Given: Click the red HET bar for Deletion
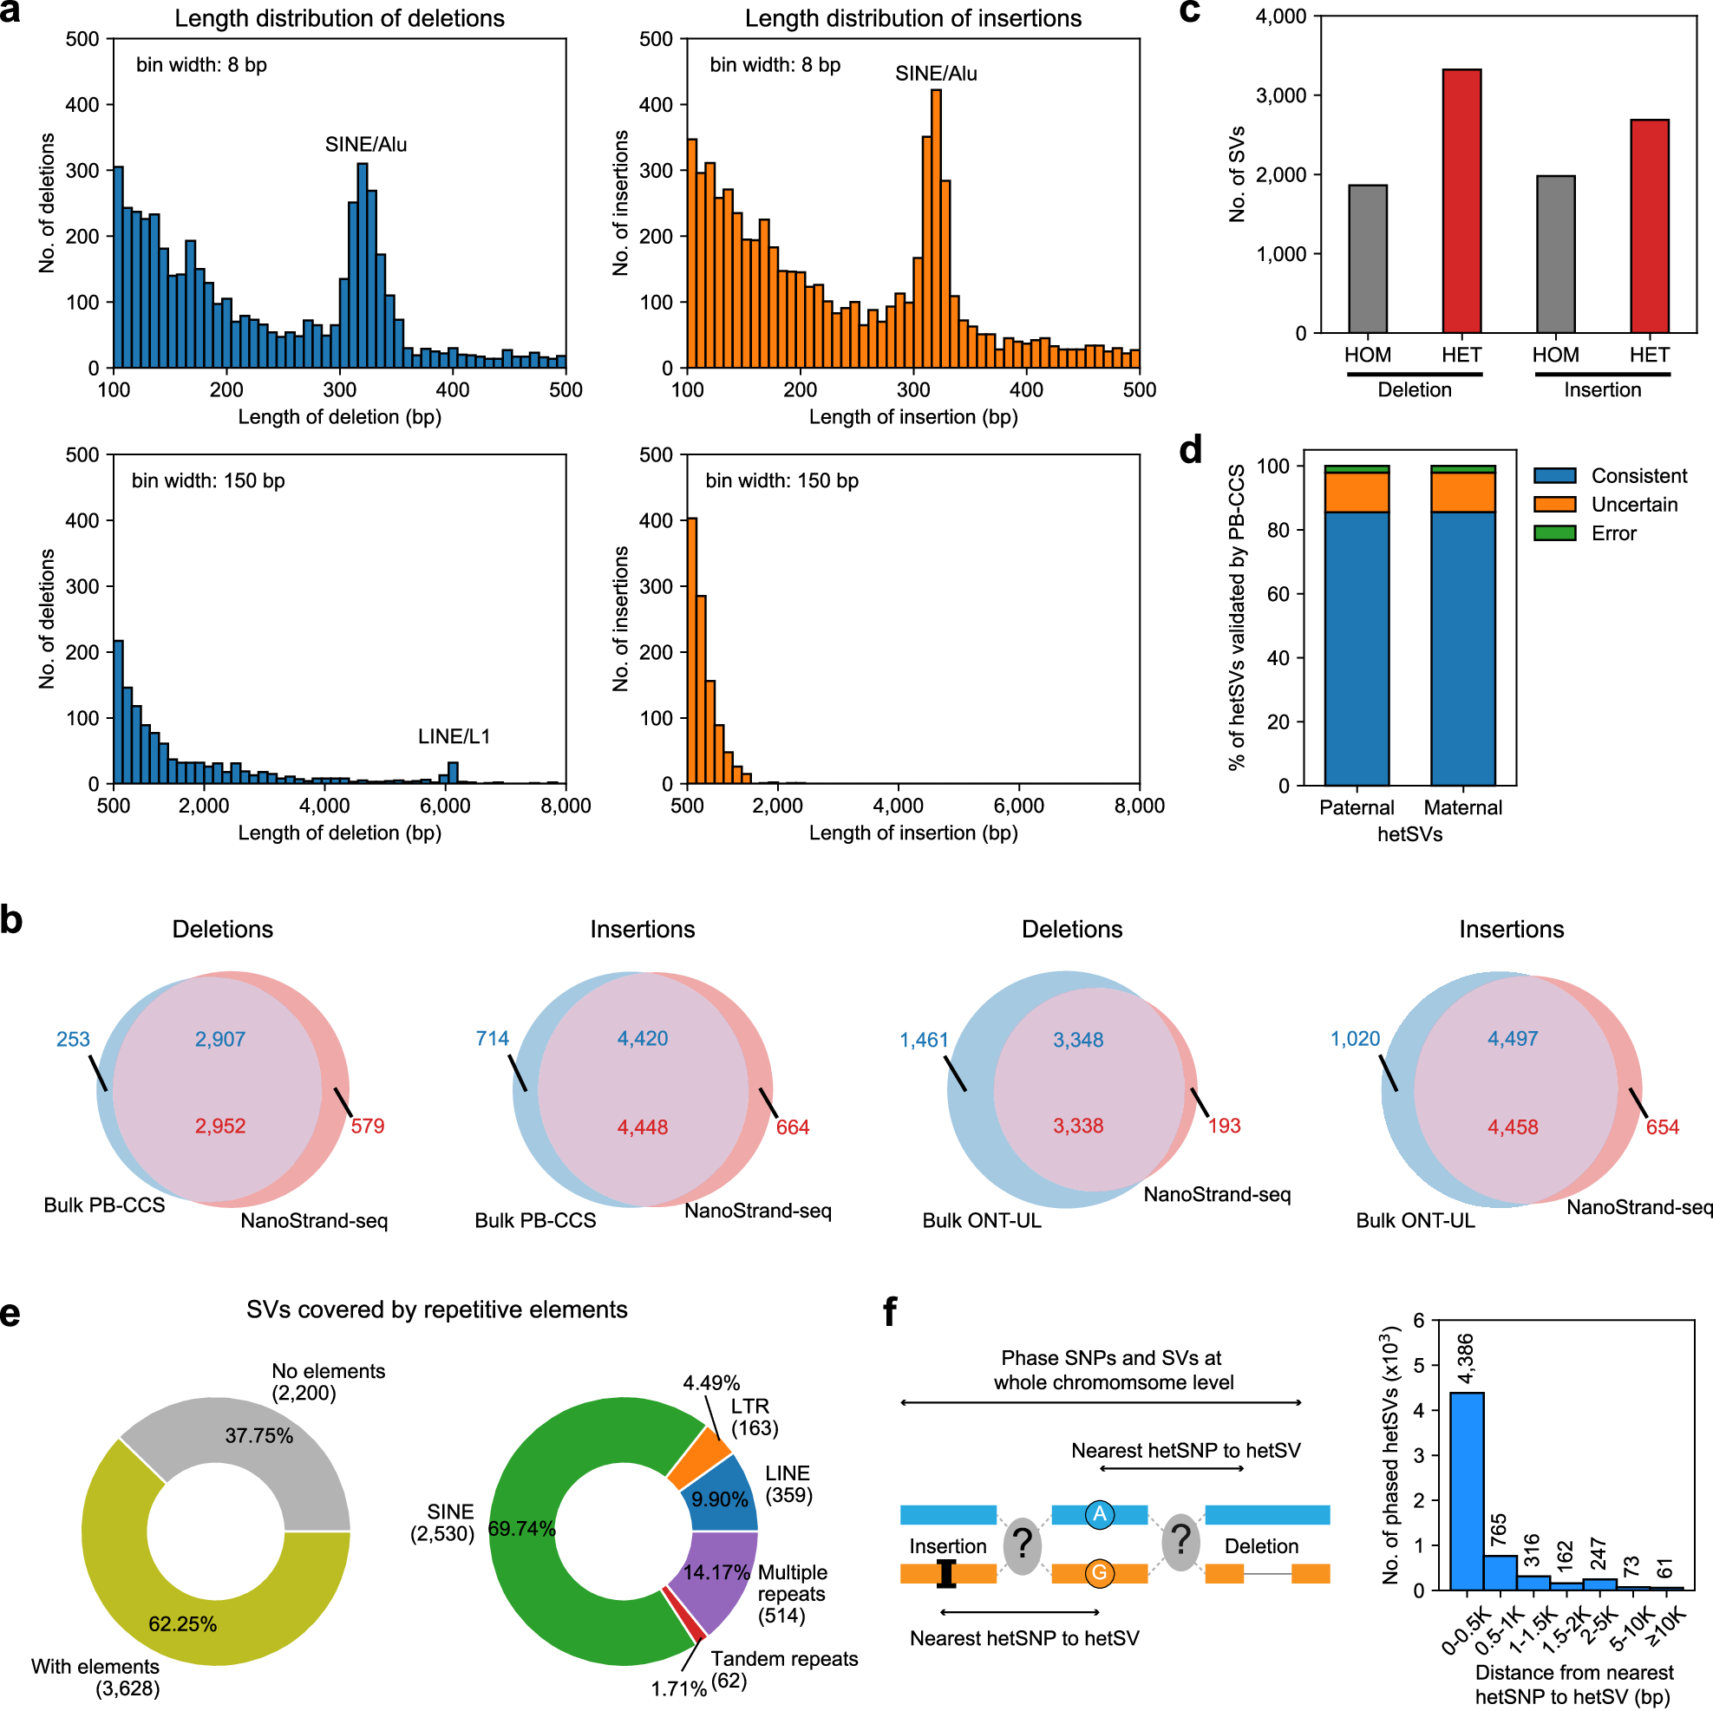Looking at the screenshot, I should (1461, 200).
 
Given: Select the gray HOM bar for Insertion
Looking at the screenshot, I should (1555, 254).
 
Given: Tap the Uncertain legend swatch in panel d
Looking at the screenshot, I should (1554, 505).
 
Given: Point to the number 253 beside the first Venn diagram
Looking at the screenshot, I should (73, 1039).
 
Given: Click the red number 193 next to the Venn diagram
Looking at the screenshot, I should (1224, 1126).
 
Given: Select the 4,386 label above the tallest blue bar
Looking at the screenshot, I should (1467, 1358).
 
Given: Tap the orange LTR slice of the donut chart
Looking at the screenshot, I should (699, 1458).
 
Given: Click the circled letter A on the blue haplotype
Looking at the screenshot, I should (1100, 1513).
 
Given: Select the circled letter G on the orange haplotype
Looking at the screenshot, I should (1100, 1573).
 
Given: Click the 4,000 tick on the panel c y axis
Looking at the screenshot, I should (1280, 16).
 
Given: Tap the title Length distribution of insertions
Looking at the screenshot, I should (912, 18).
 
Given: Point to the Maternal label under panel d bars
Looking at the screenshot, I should (1462, 807).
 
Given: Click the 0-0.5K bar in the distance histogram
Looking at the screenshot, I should (1467, 1490).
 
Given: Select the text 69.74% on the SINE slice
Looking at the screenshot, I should (521, 1529).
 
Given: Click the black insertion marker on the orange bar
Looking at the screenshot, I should (947, 1574).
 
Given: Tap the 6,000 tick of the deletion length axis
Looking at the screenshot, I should (445, 806).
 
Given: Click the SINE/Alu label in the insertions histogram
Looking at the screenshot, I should (935, 74).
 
